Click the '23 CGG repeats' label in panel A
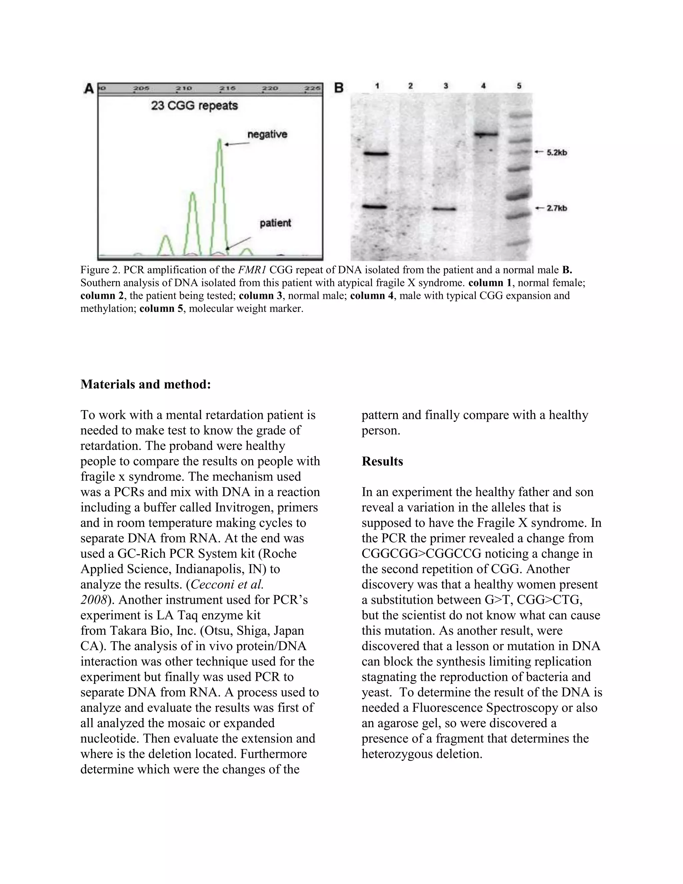[x=194, y=106]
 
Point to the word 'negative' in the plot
[x=267, y=134]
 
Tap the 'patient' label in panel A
[x=275, y=223]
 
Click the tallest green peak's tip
[x=219, y=140]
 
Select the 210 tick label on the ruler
[x=184, y=88]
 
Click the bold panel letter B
[x=339, y=88]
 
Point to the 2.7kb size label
[x=556, y=208]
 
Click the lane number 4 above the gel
[x=483, y=86]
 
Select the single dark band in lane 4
[x=486, y=134]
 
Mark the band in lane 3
[x=444, y=209]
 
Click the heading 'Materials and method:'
[x=146, y=384]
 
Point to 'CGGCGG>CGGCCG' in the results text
[x=421, y=553]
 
